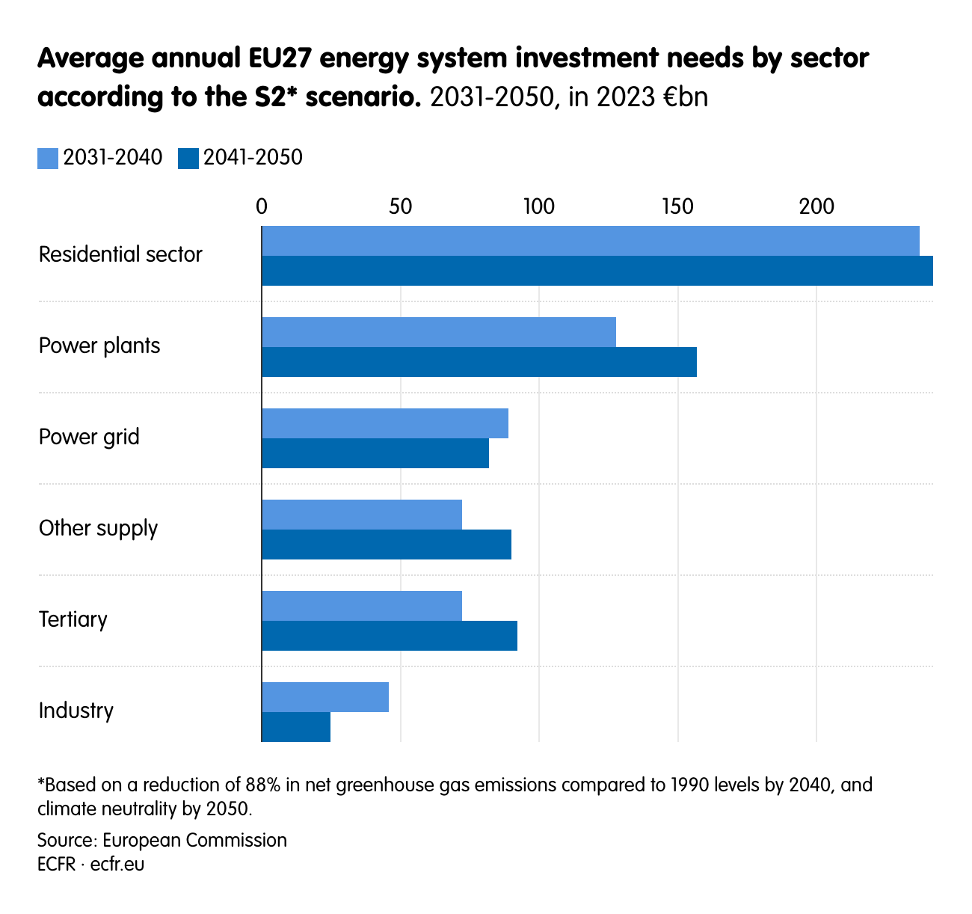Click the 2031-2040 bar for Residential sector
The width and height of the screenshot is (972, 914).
[591, 241]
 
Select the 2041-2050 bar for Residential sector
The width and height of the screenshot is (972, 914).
[597, 271]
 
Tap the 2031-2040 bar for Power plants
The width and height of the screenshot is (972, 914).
[439, 332]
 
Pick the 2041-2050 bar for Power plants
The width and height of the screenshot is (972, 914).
[479, 362]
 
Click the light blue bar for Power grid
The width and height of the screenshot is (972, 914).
[385, 423]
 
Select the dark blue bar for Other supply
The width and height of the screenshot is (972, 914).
[387, 545]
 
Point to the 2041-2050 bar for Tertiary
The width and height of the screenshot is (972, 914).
[390, 636]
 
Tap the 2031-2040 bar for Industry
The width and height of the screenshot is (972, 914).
[325, 697]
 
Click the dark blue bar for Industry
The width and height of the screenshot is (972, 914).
[296, 727]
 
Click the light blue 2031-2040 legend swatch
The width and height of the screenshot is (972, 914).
[48, 159]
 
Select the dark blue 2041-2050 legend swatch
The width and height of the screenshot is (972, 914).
[188, 159]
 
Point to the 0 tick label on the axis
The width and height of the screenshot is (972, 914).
[262, 206]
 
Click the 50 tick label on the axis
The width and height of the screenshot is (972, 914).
[401, 206]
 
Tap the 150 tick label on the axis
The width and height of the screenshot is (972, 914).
[677, 206]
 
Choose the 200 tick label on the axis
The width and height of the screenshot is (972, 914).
[816, 206]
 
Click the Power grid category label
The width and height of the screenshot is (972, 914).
[89, 437]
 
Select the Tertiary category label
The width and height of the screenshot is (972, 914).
[73, 619]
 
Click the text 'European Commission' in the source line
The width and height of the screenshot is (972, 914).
[194, 840]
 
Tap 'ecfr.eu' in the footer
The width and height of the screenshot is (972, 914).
[117, 864]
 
